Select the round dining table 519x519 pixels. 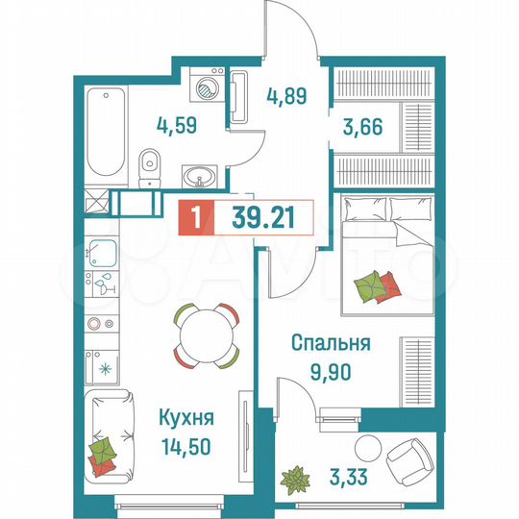point(206,335)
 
